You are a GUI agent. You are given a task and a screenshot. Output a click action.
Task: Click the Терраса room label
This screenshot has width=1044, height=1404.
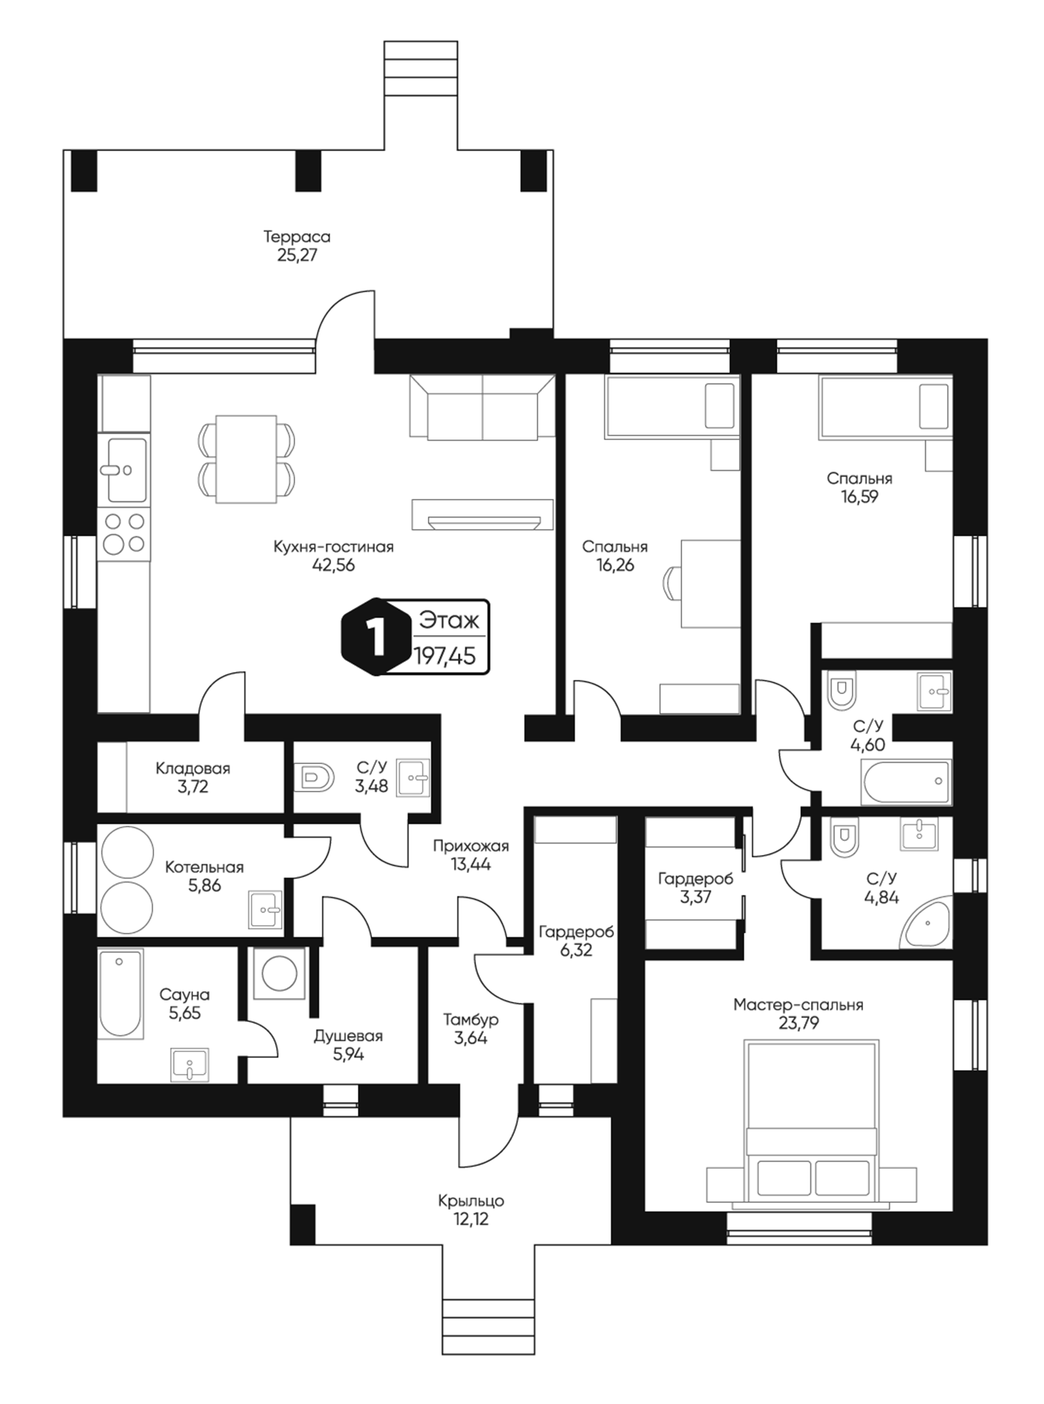[x=297, y=236]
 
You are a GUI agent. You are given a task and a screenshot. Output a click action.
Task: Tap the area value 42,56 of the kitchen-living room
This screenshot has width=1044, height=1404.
[x=334, y=565]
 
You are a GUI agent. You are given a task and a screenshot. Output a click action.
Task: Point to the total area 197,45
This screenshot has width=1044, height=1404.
[x=445, y=656]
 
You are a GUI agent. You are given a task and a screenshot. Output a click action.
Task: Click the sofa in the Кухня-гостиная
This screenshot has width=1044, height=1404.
[x=483, y=407]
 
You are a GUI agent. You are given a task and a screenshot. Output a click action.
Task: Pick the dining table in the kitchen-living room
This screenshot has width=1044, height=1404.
[x=246, y=460]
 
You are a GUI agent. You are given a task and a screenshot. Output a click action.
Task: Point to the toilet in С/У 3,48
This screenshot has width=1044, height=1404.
[x=317, y=777]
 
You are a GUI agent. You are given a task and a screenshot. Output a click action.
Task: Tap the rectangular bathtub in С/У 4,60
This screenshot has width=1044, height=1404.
[x=906, y=782]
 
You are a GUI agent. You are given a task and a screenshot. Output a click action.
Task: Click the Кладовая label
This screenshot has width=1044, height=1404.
[x=193, y=768]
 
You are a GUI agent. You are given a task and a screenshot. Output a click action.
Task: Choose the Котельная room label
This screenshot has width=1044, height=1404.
[x=204, y=867]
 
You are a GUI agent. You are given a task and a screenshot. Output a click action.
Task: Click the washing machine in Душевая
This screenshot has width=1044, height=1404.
[x=280, y=973]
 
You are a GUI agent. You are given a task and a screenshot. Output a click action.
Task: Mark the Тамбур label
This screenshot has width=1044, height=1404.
[x=471, y=1020]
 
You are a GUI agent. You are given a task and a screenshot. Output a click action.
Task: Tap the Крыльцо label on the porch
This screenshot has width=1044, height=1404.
[x=471, y=1200]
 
